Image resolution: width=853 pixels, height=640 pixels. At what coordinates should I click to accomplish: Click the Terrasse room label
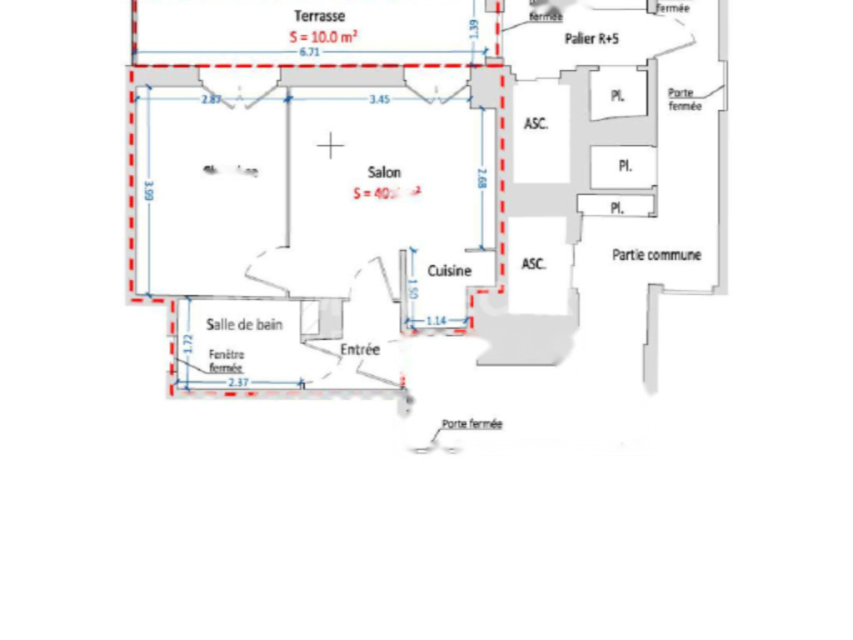320,16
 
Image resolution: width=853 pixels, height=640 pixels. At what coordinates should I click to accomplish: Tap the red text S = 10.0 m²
324,37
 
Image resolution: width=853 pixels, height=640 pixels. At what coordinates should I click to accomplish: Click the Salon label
384,172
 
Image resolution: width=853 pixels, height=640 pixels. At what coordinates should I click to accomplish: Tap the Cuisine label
450,271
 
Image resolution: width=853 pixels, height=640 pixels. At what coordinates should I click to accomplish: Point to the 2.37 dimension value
238,382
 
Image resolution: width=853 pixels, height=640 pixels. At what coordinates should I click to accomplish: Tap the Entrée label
360,350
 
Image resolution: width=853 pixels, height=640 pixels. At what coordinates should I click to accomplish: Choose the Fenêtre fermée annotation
226,361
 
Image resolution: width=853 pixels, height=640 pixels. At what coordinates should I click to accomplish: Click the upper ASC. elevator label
535,124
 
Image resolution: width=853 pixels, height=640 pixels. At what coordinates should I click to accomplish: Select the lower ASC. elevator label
534,263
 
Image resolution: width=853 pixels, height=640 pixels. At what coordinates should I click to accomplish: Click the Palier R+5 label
591,38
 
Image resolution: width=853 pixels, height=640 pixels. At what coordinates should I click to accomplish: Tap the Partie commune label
656,255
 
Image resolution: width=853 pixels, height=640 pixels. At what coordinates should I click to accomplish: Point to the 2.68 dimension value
482,178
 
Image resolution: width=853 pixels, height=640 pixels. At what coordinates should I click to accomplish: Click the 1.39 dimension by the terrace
474,29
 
